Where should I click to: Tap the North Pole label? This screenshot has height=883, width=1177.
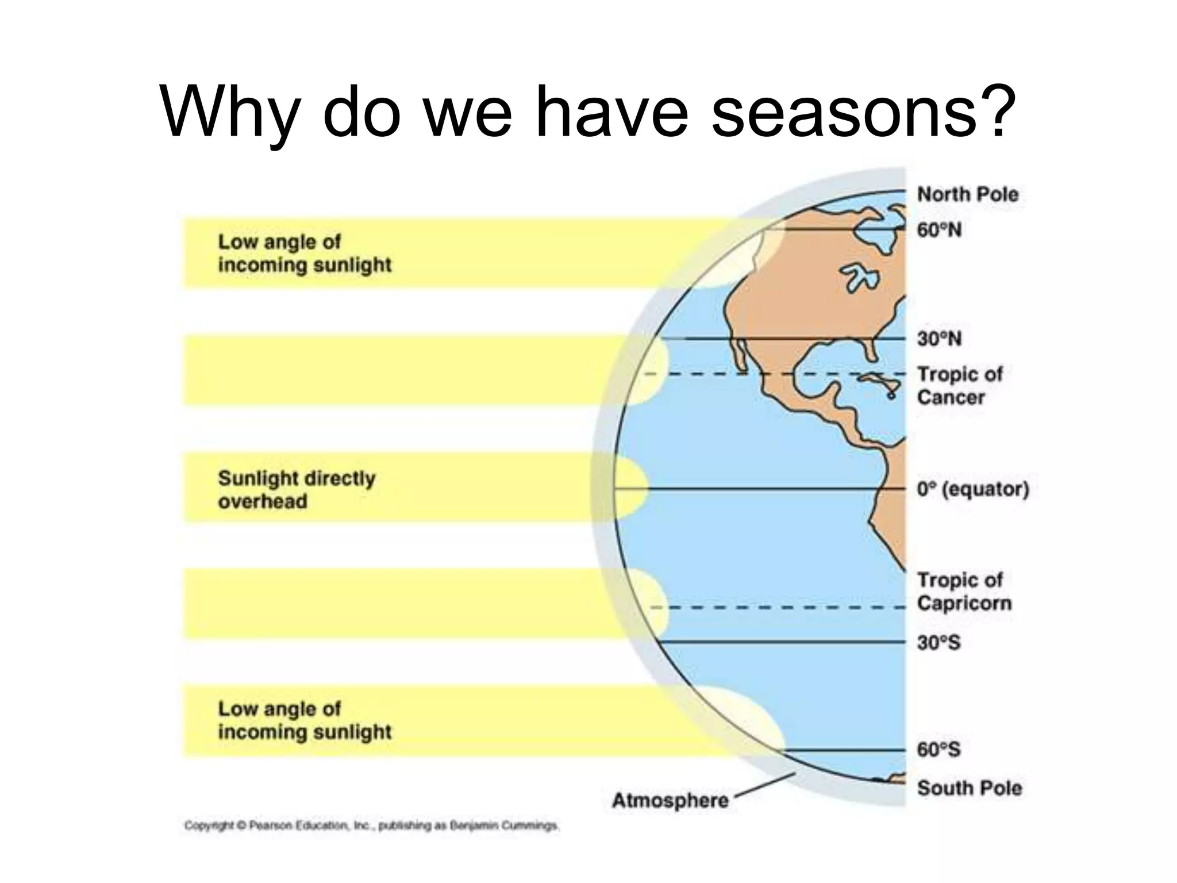pos(967,194)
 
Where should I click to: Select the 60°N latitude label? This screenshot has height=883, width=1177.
pos(939,230)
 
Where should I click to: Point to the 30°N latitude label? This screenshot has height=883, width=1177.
pos(939,339)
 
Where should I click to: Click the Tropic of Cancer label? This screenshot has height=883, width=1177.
pos(959,386)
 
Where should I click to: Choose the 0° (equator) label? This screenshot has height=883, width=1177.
pos(972,489)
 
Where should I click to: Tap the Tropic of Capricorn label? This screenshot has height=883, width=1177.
pos(964,592)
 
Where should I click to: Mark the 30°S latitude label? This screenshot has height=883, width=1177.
pos(938,642)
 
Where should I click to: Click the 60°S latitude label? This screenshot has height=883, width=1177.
pos(938,750)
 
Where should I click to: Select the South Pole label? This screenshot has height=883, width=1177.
pos(969,788)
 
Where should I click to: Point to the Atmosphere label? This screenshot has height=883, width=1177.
pos(670,800)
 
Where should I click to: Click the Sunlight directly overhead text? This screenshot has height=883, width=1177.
pos(297,489)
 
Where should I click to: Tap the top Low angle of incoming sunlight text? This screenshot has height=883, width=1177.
pos(305,254)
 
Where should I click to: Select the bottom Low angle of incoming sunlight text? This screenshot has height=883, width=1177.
pos(305,720)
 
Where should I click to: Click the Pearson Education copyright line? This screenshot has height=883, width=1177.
pos(371,826)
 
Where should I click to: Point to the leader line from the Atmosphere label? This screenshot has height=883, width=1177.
pos(764,785)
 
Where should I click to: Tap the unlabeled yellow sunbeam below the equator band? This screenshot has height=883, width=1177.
pos(402,604)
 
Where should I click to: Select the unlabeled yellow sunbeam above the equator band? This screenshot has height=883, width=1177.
pos(402,371)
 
